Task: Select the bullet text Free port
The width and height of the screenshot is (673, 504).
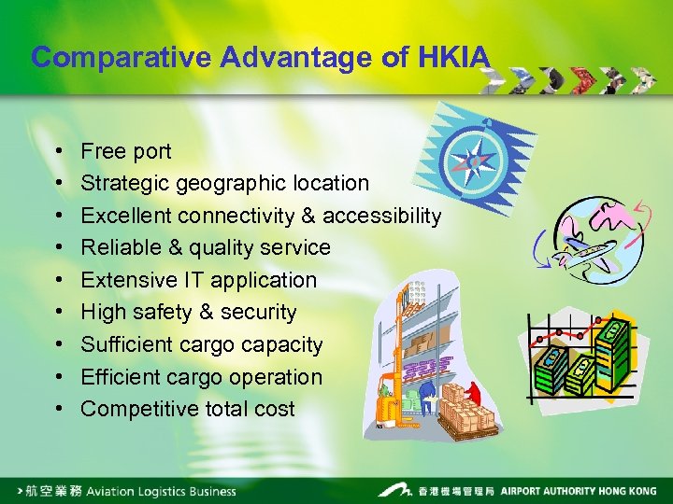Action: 126,151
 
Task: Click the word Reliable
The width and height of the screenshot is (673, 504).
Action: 120,248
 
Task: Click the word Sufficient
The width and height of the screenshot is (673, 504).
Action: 122,344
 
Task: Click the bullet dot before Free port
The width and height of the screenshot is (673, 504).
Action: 58,151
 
